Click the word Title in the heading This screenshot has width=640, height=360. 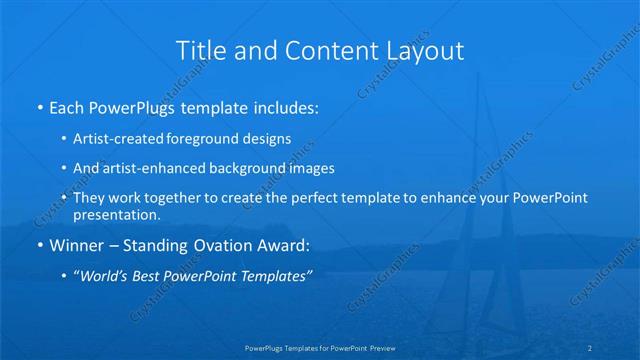pyautogui.click(x=199, y=50)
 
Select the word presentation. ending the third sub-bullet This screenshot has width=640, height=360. pyautogui.click(x=117, y=214)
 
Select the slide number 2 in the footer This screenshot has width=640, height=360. pyautogui.click(x=619, y=348)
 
